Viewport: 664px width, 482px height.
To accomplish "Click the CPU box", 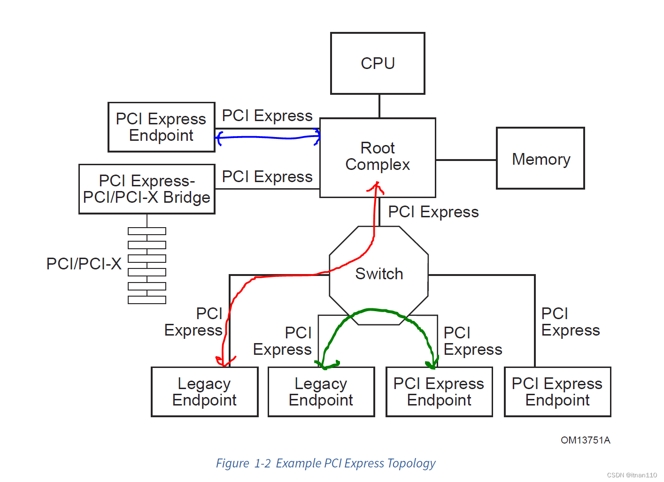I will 378,63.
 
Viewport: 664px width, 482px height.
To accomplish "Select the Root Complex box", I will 378,157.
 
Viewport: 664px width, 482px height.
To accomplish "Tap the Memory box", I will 540,159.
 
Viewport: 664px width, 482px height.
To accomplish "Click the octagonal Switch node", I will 378,274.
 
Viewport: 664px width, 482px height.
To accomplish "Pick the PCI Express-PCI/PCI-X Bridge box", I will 147,189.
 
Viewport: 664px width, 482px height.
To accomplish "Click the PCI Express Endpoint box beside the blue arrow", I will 161,127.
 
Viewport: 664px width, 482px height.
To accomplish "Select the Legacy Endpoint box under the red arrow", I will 204,392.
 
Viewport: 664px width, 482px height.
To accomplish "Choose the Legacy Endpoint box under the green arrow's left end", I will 321,392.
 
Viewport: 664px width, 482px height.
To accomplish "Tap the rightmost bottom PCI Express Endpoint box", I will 557,392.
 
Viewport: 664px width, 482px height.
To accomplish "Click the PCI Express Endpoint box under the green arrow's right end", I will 439,392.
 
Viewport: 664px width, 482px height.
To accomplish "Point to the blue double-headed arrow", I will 268,138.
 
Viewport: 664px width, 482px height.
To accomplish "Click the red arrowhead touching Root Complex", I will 376,187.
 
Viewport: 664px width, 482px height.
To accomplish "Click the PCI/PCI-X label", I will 84,264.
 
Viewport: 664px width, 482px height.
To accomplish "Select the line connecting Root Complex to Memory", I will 465,160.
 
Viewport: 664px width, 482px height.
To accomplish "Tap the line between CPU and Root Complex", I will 379,106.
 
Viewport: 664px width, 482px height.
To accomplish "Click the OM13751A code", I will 585,440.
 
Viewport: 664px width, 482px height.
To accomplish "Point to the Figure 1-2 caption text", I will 325,463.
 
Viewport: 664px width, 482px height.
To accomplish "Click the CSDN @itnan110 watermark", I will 632,475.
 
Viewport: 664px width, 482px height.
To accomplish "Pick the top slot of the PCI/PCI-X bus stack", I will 147,231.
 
